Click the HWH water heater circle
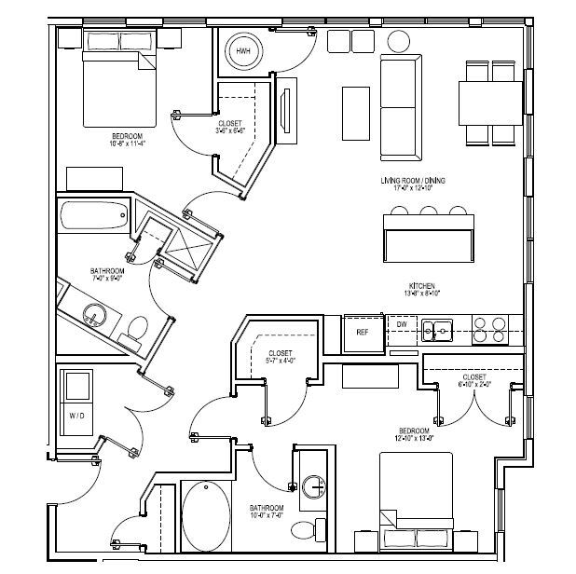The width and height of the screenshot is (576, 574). (x=243, y=50)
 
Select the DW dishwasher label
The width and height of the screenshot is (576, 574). (x=400, y=324)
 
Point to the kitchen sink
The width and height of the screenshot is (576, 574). (x=436, y=329)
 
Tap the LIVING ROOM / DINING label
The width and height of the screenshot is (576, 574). (x=414, y=181)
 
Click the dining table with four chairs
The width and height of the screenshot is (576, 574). (x=490, y=102)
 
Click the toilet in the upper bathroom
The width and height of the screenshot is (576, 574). (x=137, y=328)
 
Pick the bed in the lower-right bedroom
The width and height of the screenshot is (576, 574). (x=416, y=503)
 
